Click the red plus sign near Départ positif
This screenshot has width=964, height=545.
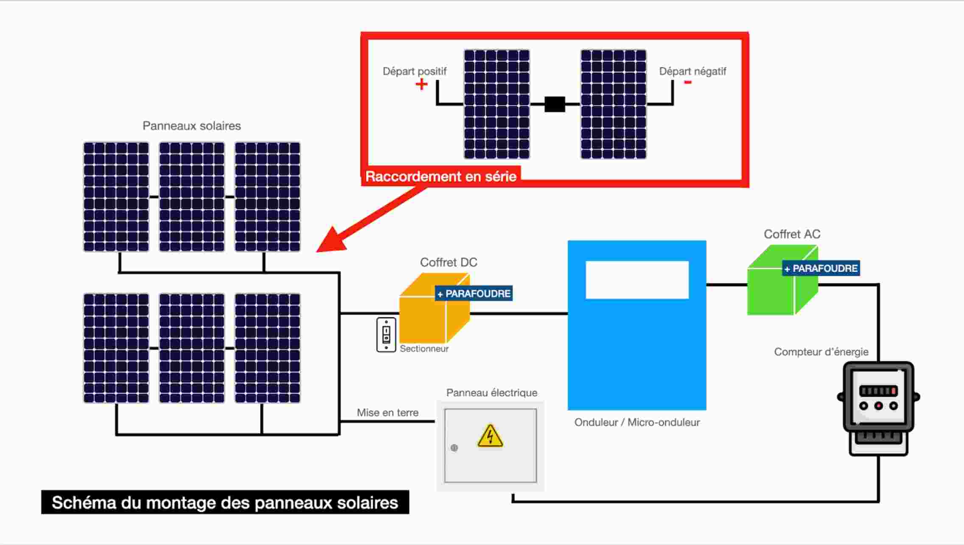click(x=421, y=84)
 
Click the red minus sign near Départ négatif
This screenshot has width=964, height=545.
click(x=688, y=82)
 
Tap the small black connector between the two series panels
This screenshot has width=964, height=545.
click(x=555, y=104)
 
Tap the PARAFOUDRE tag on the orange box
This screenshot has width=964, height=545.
click(x=474, y=294)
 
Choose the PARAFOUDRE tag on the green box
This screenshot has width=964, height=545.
click(x=821, y=268)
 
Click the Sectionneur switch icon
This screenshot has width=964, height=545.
click(x=386, y=335)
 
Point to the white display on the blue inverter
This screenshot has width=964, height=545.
click(x=637, y=280)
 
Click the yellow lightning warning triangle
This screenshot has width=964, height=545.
click(x=490, y=437)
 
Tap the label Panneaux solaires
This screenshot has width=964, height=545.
click(x=191, y=126)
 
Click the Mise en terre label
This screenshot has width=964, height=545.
click(x=387, y=413)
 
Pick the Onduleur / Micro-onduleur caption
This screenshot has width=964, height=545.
click(x=637, y=423)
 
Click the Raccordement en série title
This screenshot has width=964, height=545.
click(x=440, y=177)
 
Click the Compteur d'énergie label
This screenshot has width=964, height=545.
click(x=821, y=352)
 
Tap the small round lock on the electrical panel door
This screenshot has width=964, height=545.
click(x=454, y=448)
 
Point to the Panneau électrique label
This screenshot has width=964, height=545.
click(x=491, y=393)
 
